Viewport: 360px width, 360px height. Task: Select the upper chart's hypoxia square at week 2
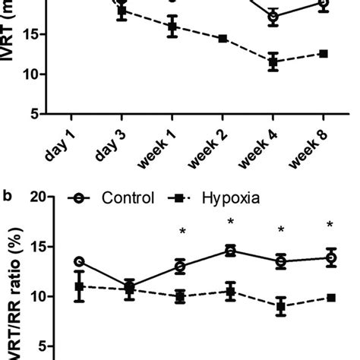point(223,39)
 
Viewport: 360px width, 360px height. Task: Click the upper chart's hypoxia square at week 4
point(273,63)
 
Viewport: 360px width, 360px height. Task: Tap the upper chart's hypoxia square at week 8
point(323,53)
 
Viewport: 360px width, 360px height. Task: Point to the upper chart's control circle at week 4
point(273,17)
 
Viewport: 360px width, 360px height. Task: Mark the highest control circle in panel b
point(229,251)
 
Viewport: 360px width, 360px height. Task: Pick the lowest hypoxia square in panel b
point(280,307)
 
